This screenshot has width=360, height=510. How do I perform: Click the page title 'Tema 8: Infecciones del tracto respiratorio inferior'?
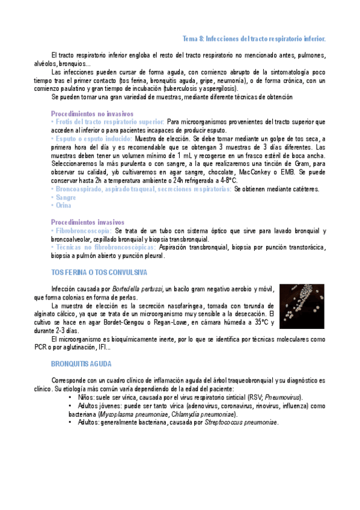tap(254, 38)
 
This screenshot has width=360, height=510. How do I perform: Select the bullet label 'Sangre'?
tap(65, 197)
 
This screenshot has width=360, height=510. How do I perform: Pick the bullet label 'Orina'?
tap(63, 206)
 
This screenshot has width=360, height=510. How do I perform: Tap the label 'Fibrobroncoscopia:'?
tap(82, 231)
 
